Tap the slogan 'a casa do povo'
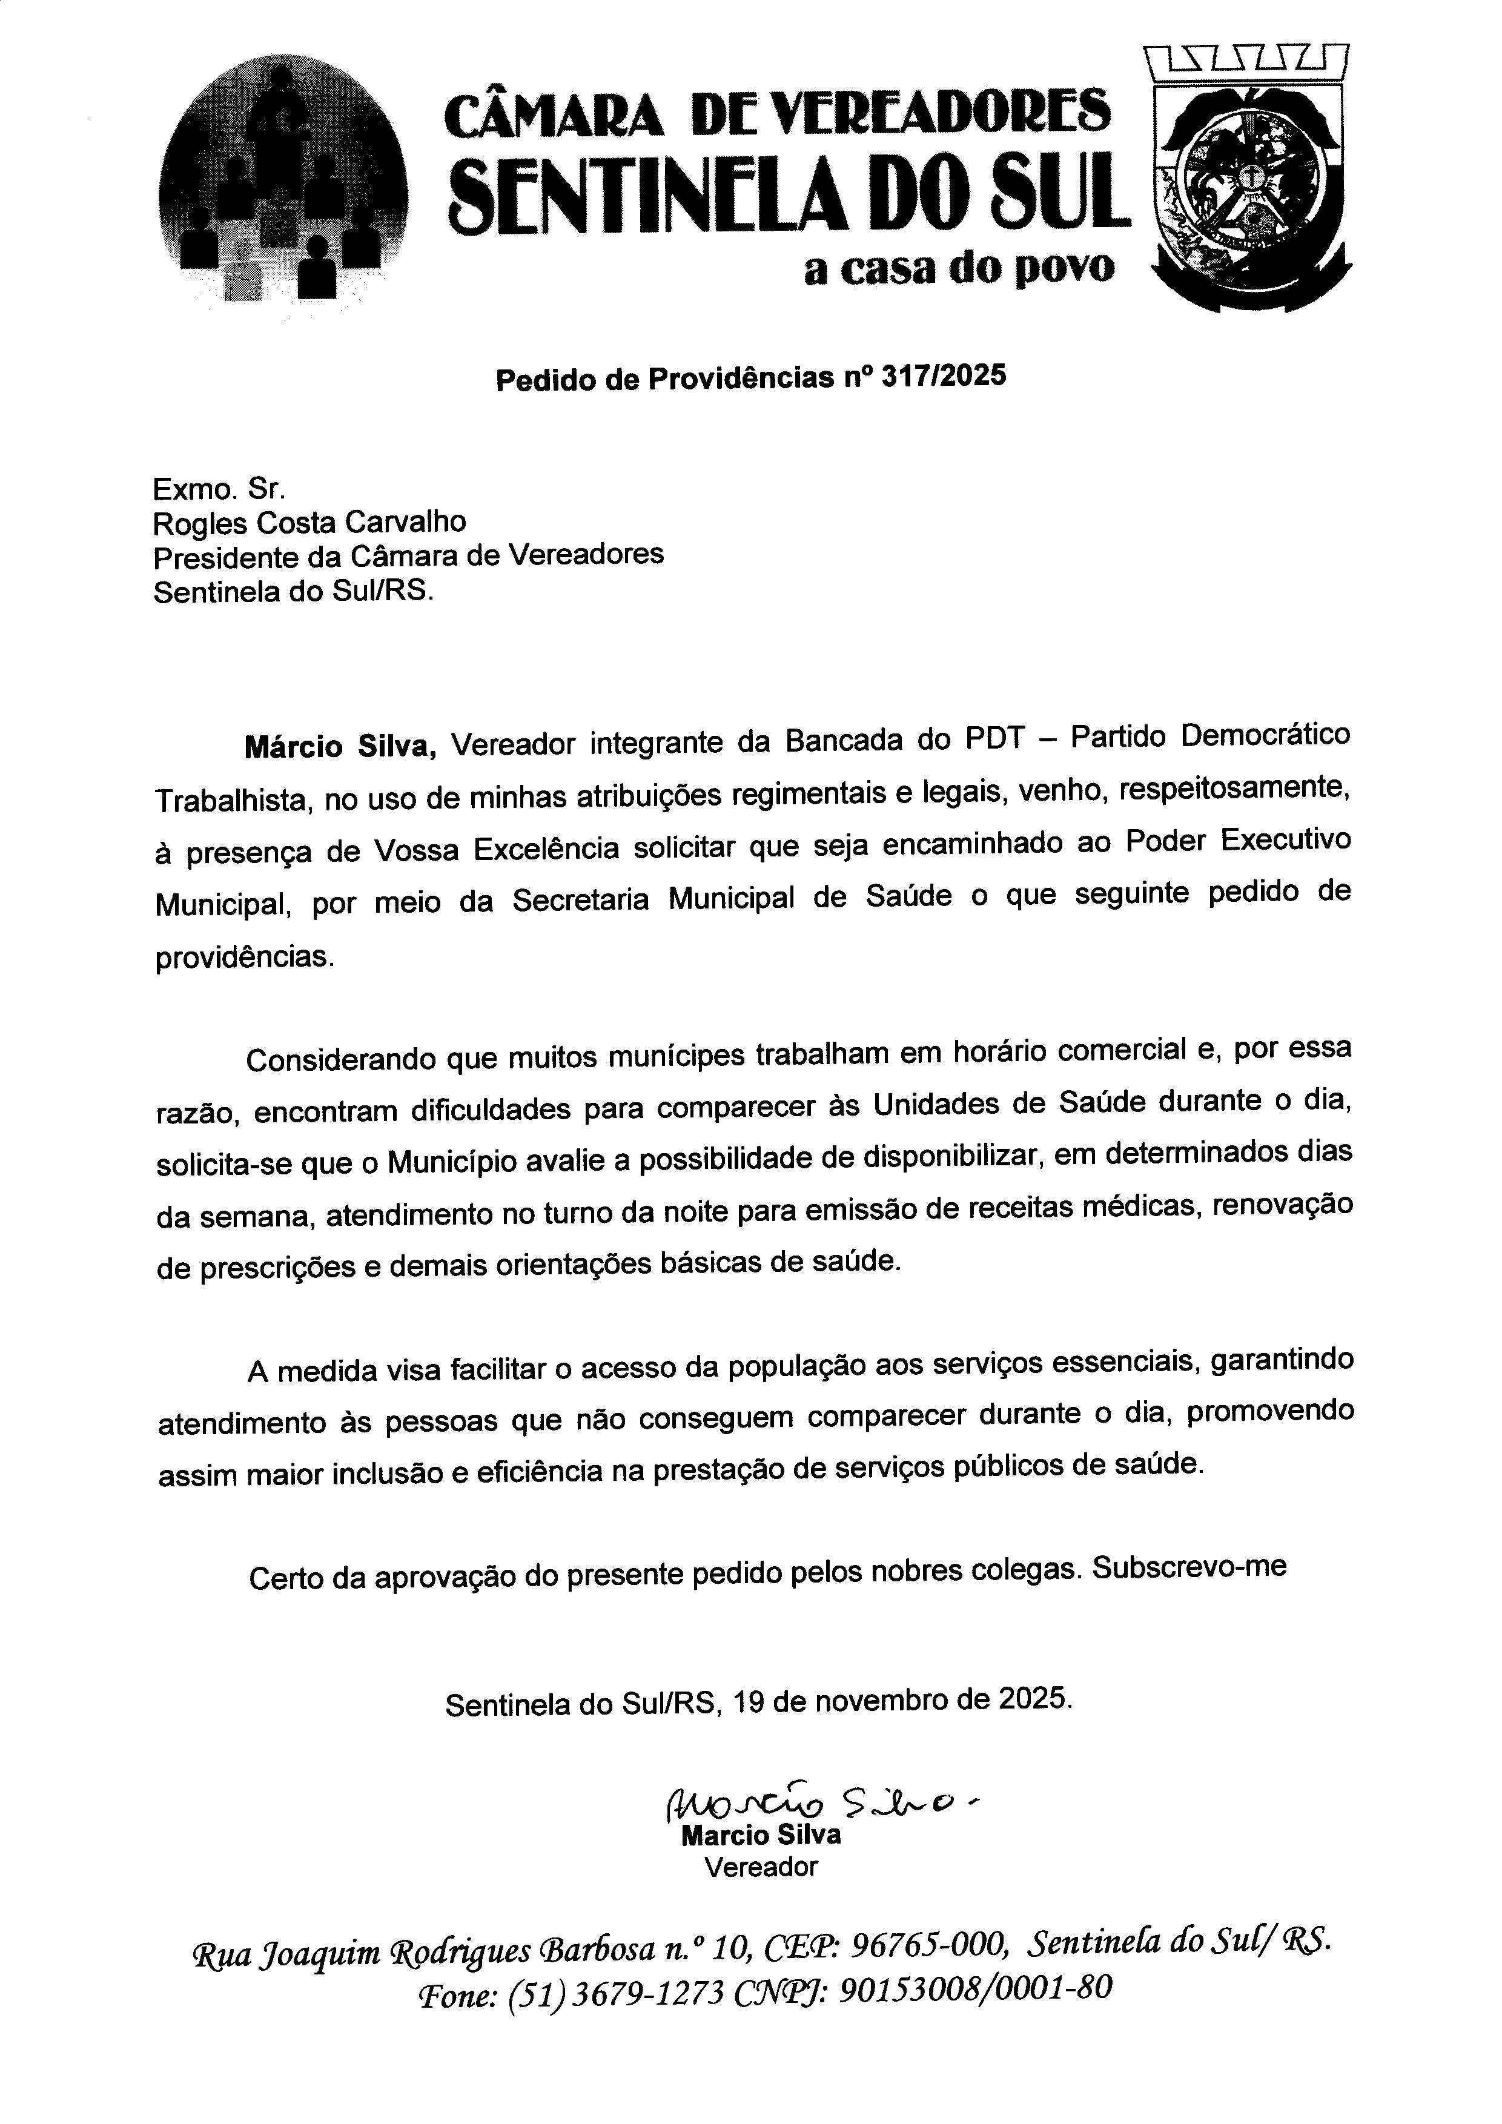[x=959, y=269]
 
